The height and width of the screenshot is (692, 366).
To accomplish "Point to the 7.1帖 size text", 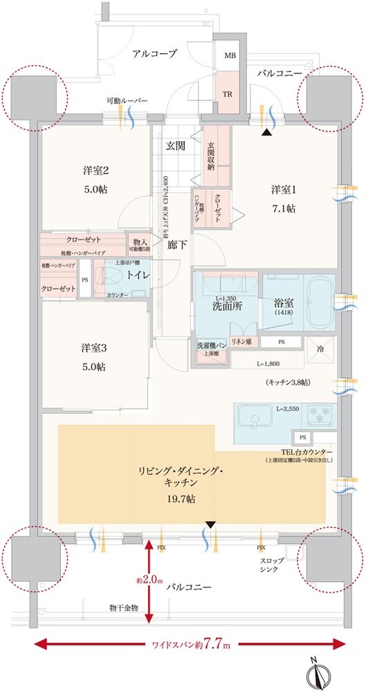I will (283, 208).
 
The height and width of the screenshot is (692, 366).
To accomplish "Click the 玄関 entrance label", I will (176, 146).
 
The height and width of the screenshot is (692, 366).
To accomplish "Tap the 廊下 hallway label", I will (178, 244).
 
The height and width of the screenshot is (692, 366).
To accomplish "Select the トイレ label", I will (134, 275).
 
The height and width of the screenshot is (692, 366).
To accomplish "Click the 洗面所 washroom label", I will (226, 307).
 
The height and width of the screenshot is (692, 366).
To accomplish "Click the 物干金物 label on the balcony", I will (124, 608).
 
